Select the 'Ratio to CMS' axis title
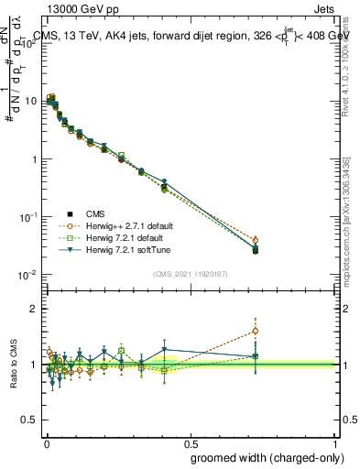tap(15, 365)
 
